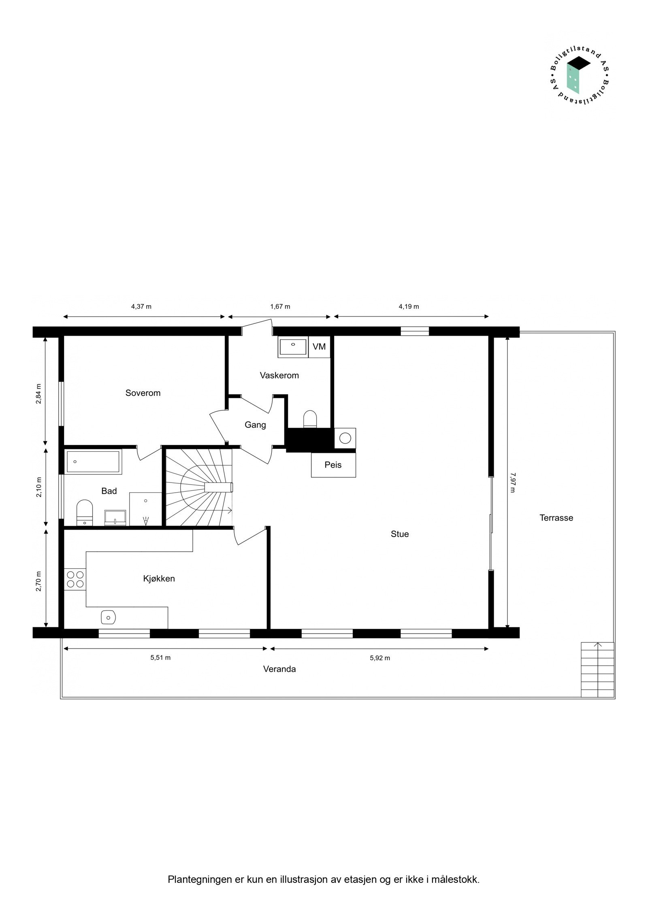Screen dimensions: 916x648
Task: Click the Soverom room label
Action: [x=143, y=393]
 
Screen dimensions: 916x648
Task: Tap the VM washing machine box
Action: [x=319, y=346]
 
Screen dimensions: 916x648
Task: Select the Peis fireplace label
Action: [x=333, y=465]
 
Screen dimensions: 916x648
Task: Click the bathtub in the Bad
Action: [x=94, y=461]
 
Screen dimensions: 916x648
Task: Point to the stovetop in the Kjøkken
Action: [x=75, y=579]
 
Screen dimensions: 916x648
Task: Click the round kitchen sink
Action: [x=108, y=618]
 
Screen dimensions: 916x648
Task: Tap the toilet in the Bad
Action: [x=85, y=512]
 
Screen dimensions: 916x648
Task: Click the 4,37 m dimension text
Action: [x=141, y=306]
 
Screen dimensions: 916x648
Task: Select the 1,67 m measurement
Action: [x=280, y=306]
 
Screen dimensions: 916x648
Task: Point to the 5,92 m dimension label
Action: [x=380, y=658]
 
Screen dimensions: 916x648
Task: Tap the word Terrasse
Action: [x=556, y=518]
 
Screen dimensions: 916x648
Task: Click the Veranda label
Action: [x=279, y=669]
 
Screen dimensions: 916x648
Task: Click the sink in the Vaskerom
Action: [x=293, y=347]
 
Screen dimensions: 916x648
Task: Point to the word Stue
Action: [x=400, y=534]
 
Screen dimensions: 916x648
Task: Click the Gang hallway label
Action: [x=255, y=425]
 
